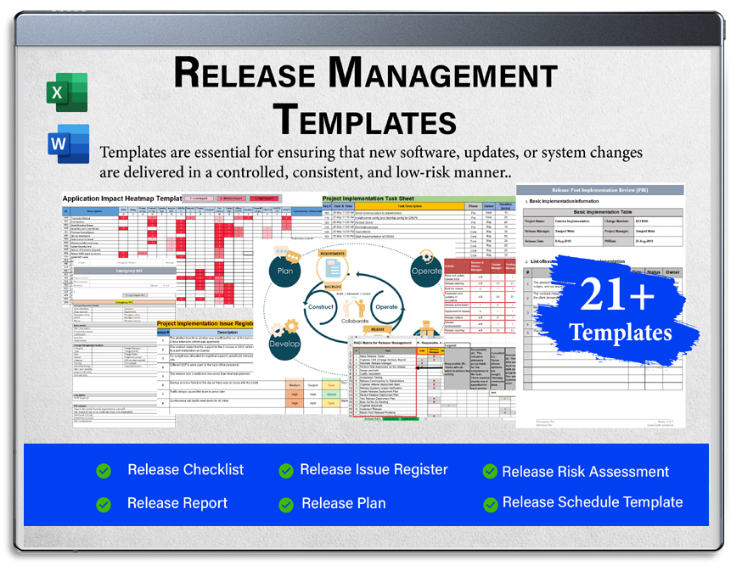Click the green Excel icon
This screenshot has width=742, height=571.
(67, 92)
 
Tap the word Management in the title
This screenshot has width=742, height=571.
(441, 74)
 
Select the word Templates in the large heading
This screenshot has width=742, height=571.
(365, 118)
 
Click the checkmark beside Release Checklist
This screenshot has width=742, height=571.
(104, 471)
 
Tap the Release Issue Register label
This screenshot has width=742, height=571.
(374, 470)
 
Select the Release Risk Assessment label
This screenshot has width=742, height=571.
(585, 472)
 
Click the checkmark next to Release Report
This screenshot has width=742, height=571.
(104, 504)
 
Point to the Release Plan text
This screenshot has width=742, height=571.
(343, 504)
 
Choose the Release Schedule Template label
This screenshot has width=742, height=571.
(592, 502)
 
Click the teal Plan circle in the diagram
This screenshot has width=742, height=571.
(286, 270)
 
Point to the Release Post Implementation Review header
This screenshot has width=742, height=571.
(600, 190)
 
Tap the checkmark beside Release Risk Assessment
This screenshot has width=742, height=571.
(490, 472)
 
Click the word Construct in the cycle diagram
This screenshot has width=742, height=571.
(321, 306)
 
